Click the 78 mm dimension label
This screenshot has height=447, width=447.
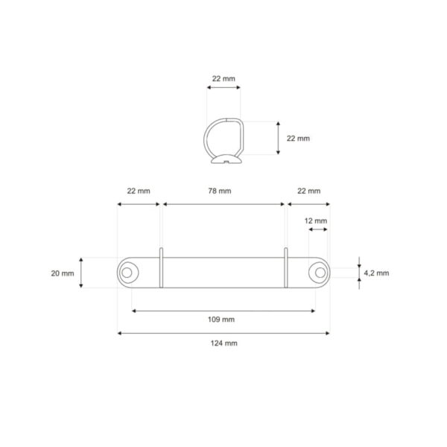[x=223, y=191]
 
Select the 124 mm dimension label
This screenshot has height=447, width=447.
[x=223, y=343]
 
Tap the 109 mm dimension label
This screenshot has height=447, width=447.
[x=223, y=320]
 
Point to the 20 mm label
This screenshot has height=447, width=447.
[x=63, y=273]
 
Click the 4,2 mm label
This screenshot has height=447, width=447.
[x=376, y=273]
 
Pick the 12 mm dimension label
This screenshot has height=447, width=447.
[x=316, y=221]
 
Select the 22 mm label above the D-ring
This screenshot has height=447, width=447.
[x=223, y=78]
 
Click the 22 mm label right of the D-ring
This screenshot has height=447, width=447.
[x=298, y=139]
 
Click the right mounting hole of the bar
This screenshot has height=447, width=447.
[x=320, y=273]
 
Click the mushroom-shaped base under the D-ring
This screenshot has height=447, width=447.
[x=223, y=158]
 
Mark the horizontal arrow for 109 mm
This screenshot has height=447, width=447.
[x=223, y=310]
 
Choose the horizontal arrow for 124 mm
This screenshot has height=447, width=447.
[x=223, y=333]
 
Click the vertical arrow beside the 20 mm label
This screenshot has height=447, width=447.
[x=82, y=273]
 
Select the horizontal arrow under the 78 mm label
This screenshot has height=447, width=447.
[x=223, y=203]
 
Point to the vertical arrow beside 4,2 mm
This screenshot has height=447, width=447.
[x=359, y=273]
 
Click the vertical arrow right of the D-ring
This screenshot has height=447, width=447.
[x=278, y=138]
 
